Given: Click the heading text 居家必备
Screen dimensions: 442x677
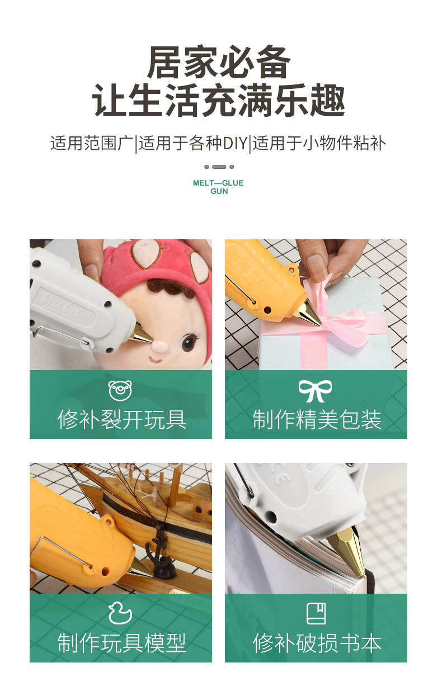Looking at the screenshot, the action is coord(219,62).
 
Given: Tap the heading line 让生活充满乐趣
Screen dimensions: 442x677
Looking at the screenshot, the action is coord(219,100).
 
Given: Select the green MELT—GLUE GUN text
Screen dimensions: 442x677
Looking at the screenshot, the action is coord(218,187).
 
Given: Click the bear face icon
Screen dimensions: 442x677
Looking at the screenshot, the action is coord(120,390).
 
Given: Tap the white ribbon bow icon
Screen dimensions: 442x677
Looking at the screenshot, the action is coord(315,391).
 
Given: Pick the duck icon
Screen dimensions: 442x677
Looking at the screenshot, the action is coord(120,613).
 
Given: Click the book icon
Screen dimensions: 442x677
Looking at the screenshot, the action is coord(316,613).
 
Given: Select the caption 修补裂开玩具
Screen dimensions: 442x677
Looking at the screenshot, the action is coord(121,419).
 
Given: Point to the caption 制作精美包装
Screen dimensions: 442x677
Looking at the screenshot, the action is coord(317,419).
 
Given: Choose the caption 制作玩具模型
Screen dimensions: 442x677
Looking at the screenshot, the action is coord(121,642).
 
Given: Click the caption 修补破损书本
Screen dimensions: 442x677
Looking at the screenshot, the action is coord(317,642).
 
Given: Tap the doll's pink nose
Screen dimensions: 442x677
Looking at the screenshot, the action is coord(159,346).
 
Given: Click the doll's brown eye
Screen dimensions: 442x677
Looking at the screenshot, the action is coord(188,342).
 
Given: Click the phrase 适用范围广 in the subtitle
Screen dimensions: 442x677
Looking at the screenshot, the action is coord(92,143).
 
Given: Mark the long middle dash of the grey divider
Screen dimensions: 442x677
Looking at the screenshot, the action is coord(219,167).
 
